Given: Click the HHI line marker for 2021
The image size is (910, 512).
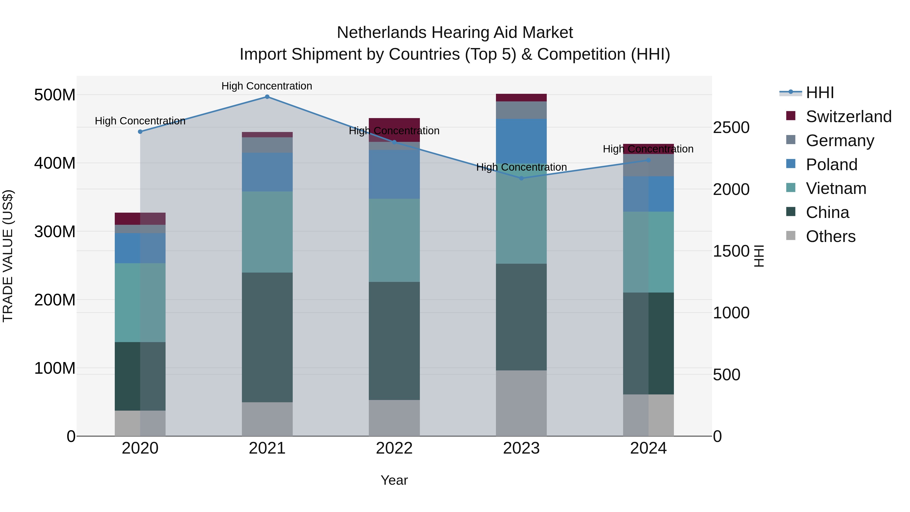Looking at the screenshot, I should click(x=267, y=97).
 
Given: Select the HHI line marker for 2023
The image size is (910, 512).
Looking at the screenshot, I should click(x=521, y=179).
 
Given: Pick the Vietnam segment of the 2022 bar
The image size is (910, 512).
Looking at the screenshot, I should click(x=394, y=240).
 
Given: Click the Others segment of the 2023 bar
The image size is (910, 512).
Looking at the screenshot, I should click(x=521, y=403).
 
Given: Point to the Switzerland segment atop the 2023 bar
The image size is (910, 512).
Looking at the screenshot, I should click(x=521, y=98).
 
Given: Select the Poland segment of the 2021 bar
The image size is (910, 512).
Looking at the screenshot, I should click(x=267, y=172).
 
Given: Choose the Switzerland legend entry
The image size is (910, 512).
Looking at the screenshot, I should click(x=848, y=117).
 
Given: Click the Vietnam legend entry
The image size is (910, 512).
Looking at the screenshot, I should click(x=836, y=188).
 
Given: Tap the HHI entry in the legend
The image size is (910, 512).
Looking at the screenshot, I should click(x=820, y=93).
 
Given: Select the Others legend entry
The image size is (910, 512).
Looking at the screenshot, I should click(x=830, y=236).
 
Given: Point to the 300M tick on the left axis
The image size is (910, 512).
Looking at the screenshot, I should click(x=55, y=232).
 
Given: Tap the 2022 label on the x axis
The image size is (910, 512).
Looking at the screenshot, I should click(x=394, y=448).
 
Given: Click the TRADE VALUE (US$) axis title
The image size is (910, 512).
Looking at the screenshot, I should click(x=8, y=256).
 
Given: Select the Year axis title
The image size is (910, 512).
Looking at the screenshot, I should click(x=394, y=480).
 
